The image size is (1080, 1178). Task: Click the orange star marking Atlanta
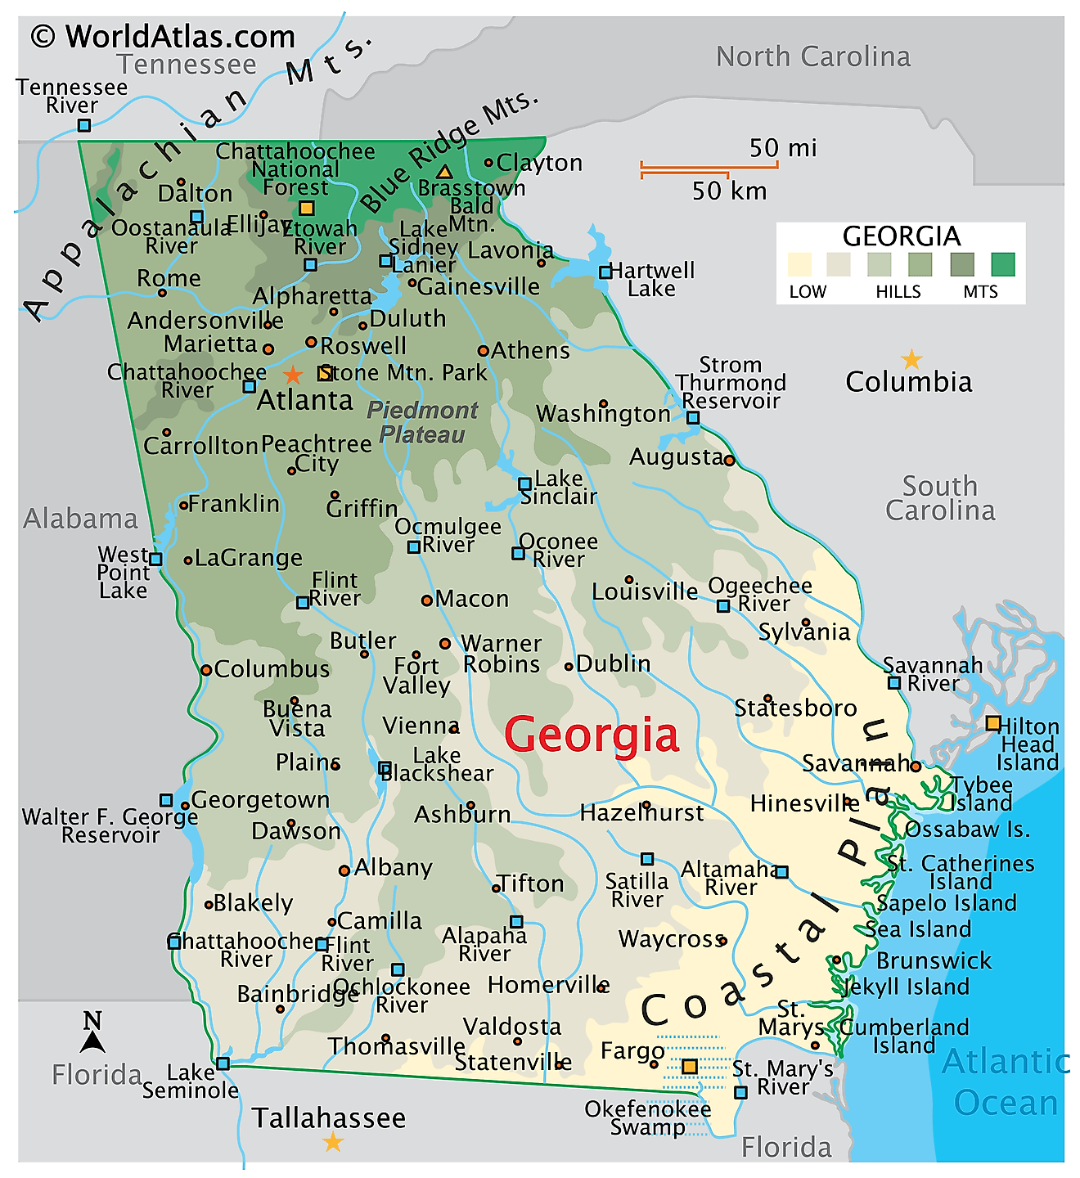coord(292,375)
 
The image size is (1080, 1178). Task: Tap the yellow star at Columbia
coord(911,359)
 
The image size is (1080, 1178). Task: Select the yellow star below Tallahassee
coord(333,1142)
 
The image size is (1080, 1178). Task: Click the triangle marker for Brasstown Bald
coord(444,172)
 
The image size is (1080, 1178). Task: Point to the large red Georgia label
coord(591,734)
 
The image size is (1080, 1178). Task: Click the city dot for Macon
coord(426,600)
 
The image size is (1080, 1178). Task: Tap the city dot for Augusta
coord(729,461)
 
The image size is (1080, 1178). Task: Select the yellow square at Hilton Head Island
coord(992,723)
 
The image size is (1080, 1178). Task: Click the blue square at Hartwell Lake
coord(605,272)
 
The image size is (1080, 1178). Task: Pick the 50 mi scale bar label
coord(782,148)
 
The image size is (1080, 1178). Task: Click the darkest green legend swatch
coord(1002,264)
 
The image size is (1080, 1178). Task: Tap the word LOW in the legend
coord(807,292)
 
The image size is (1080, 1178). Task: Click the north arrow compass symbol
coord(92,1033)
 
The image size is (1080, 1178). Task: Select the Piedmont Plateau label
coord(422,422)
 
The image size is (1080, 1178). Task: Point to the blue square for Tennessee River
coord(83,125)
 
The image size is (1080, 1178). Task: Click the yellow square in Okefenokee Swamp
coord(690,1067)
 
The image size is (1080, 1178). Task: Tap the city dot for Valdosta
coord(517,1041)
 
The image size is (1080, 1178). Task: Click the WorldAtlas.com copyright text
coord(163,37)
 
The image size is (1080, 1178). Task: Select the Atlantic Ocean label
coord(1006,1081)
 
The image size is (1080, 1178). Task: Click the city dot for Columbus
coord(206,670)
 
